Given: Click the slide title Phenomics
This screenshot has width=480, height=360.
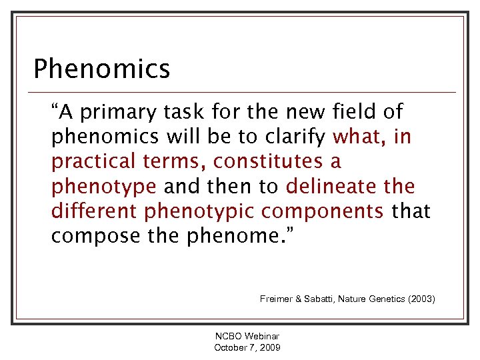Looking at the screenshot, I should coord(101,68).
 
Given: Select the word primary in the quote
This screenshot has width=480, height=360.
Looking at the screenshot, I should coord(117,113).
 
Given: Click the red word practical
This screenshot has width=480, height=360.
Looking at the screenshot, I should coord(94,161).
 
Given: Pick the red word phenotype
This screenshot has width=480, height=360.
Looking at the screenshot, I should coord(104,186).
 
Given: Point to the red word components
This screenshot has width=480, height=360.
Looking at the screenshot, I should coord(323,211).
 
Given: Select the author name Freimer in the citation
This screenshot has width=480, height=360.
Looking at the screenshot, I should coord(276,299).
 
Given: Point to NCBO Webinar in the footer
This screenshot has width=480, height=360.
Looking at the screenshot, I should coord(247,337).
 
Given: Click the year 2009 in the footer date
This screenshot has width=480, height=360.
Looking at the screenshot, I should coord(269,347).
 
